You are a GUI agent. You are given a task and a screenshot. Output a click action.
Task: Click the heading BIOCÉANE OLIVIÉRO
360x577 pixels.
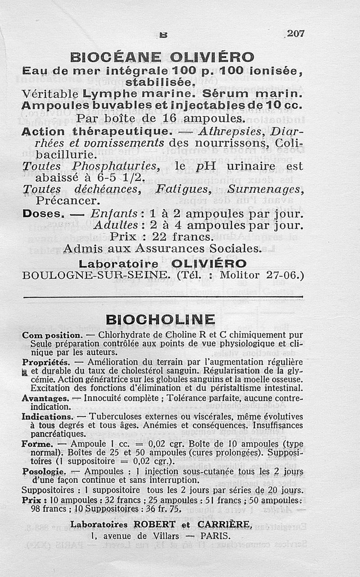(x=162, y=58)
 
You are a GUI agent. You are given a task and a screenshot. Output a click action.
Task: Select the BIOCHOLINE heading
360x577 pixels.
(x=160, y=320)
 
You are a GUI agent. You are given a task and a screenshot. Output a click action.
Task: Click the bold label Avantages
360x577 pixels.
(x=45, y=398)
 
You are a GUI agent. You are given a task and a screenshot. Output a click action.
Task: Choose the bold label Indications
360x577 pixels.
(x=47, y=417)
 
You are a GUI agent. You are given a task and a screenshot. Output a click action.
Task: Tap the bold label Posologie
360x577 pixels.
(x=44, y=472)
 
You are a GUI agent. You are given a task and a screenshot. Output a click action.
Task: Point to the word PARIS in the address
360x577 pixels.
(x=215, y=536)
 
